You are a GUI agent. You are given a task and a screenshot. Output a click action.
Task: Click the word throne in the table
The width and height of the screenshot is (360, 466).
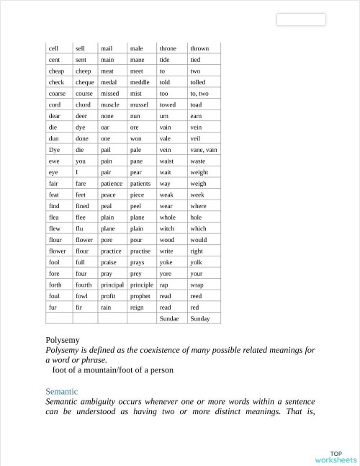(168, 48)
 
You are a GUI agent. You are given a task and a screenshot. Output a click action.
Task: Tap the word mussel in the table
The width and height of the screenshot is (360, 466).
(139, 104)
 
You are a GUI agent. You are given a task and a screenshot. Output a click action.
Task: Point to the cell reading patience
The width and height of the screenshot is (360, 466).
(112, 183)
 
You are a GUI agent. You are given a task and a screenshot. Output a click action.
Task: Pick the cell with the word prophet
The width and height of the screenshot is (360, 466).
(140, 295)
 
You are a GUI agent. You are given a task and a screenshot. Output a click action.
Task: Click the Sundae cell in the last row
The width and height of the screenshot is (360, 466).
(169, 318)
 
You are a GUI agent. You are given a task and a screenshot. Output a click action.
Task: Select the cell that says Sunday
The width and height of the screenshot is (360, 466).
(200, 318)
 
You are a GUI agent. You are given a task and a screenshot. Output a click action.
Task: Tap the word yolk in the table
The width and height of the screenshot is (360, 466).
(196, 262)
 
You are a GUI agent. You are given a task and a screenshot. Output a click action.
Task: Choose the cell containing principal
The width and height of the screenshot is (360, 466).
(112, 284)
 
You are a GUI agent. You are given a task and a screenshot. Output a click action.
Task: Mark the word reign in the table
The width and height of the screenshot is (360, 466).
(137, 307)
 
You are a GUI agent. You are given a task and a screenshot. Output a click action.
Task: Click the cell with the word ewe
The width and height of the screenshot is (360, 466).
(54, 161)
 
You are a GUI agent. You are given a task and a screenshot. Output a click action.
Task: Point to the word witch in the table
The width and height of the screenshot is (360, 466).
(166, 228)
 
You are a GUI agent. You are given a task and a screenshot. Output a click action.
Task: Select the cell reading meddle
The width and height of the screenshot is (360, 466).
(140, 82)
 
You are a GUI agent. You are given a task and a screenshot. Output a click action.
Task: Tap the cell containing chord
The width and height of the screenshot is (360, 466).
(84, 104)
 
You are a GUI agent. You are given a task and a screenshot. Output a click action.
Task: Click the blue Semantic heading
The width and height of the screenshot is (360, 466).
(61, 391)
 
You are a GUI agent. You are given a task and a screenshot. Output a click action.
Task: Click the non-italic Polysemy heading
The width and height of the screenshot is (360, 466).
(62, 339)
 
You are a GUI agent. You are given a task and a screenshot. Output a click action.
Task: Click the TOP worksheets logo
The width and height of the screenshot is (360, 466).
(335, 457)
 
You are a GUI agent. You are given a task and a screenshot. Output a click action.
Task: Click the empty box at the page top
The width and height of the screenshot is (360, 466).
(301, 19)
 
